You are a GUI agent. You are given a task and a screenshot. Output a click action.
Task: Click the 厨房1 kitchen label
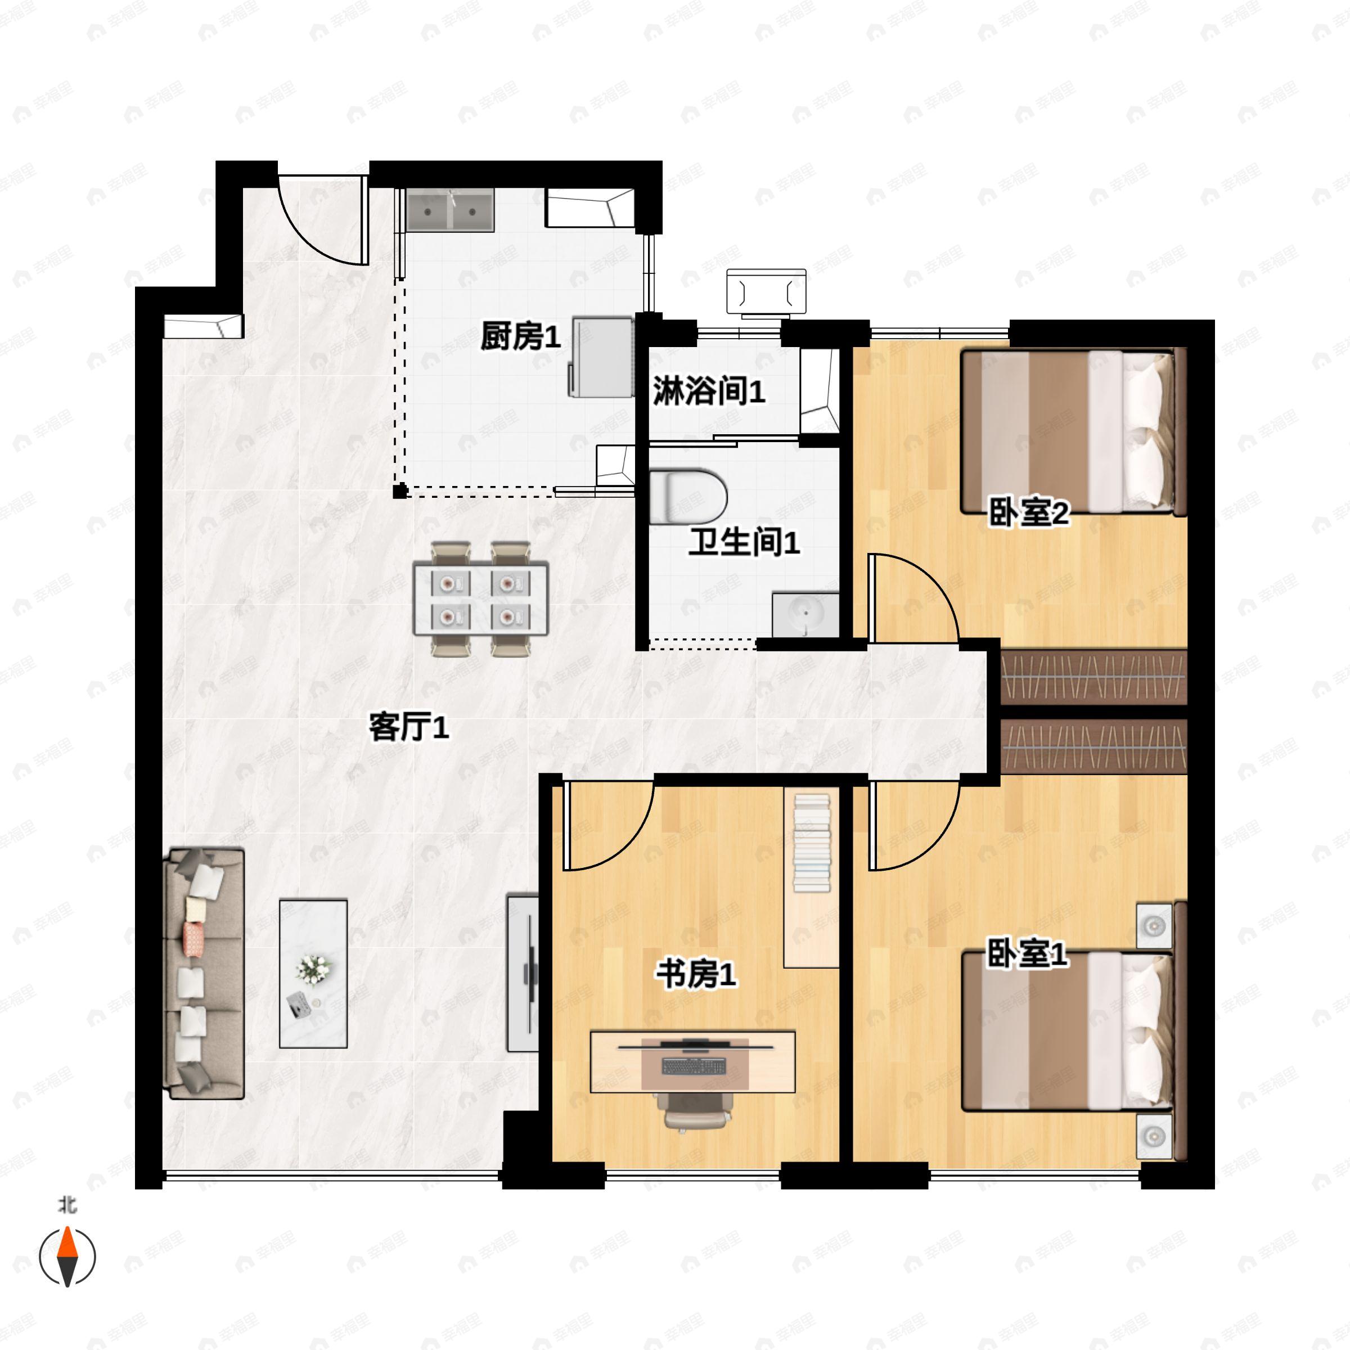point(520,337)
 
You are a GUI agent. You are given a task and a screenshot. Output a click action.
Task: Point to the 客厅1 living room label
point(409,727)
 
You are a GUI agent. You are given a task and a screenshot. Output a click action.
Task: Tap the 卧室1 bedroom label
point(1027,954)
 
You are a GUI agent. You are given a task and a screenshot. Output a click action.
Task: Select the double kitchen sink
point(451,210)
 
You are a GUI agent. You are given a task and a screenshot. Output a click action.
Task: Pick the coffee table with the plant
point(313,973)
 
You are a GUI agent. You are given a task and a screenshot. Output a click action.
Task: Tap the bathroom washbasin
point(805,615)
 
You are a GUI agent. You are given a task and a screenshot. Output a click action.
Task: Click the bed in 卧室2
point(1074,432)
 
